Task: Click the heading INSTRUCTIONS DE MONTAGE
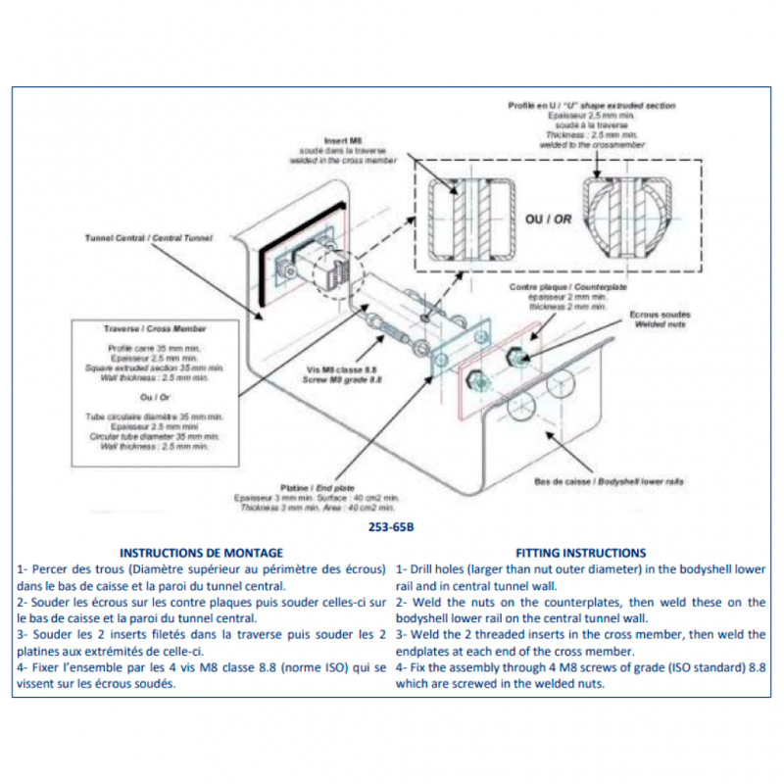(200, 553)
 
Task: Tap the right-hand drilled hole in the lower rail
(562, 384)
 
